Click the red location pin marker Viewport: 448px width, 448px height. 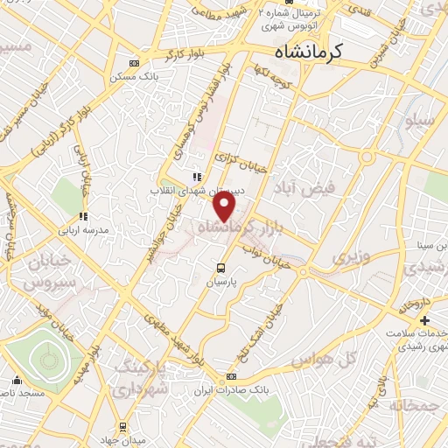(x=226, y=206)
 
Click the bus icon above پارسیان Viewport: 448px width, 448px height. (x=220, y=268)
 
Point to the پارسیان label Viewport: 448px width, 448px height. (x=220, y=283)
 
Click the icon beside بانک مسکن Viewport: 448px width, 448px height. (x=133, y=63)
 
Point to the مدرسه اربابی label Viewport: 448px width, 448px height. (x=82, y=230)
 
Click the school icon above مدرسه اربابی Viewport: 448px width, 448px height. (x=82, y=216)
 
